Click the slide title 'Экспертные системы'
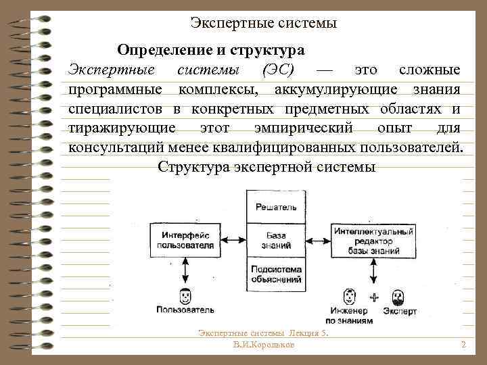(x=263, y=24)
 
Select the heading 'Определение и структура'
(x=210, y=50)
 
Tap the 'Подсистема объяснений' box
(x=274, y=276)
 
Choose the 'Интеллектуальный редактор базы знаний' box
(x=373, y=240)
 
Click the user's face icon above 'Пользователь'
(x=185, y=295)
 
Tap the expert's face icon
(x=398, y=296)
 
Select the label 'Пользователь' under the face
(x=185, y=310)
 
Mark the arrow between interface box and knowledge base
(x=233, y=240)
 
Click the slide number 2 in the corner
(x=463, y=345)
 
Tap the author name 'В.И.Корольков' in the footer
(x=263, y=345)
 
